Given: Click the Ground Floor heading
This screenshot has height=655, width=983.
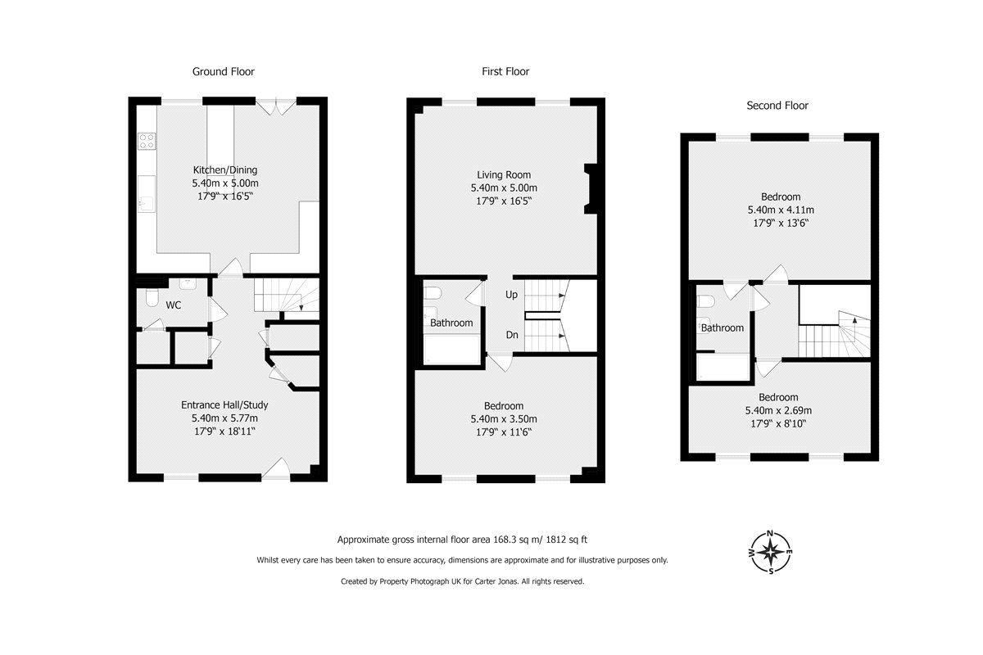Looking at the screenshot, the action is pyautogui.click(x=224, y=71).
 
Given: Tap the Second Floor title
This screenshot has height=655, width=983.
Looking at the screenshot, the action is pyautogui.click(x=777, y=106).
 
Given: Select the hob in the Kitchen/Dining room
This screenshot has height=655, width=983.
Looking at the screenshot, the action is pyautogui.click(x=147, y=142).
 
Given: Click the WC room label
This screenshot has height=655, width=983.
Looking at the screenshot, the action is pyautogui.click(x=174, y=305).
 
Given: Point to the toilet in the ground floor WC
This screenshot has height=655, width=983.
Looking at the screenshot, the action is pyautogui.click(x=152, y=297).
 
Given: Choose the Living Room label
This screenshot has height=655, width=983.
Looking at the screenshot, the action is pyautogui.click(x=504, y=174).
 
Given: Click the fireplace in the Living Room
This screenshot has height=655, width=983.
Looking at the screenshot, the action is pyautogui.click(x=591, y=188).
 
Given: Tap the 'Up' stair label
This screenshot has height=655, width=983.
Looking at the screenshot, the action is pyautogui.click(x=511, y=295).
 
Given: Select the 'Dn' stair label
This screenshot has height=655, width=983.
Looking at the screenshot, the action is pyautogui.click(x=512, y=335).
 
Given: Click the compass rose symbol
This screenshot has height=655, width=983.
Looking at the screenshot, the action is pyautogui.click(x=771, y=552).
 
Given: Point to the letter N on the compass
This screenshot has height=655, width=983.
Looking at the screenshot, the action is pyautogui.click(x=770, y=534).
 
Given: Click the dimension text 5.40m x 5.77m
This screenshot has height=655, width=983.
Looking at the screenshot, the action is pyautogui.click(x=224, y=418).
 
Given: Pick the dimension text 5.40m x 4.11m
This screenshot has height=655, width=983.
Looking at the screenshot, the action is pyautogui.click(x=781, y=210).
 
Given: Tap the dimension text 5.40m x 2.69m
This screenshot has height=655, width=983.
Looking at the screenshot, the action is pyautogui.click(x=778, y=411).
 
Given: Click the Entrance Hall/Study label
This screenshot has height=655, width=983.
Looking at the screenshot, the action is pyautogui.click(x=224, y=405).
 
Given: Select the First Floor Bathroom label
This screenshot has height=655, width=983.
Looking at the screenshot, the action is pyautogui.click(x=451, y=323).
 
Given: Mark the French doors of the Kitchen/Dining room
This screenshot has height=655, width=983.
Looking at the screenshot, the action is pyautogui.click(x=275, y=107).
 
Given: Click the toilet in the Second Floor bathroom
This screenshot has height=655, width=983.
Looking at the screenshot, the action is pyautogui.click(x=705, y=301).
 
